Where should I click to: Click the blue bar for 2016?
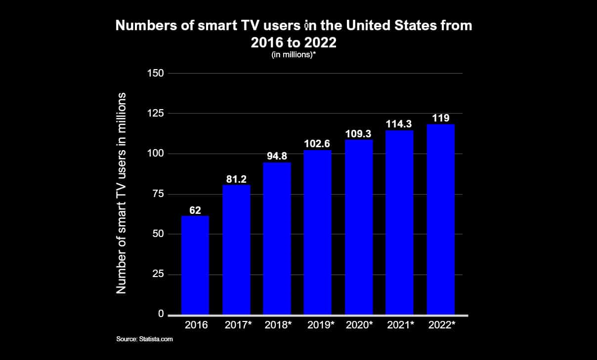coord(195,265)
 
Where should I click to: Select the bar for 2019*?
coord(318,232)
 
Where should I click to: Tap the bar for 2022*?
coord(440,219)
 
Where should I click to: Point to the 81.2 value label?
coord(236,179)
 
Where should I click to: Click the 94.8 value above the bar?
coord(277,157)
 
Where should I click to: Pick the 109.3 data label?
coord(359,134)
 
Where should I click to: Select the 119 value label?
coord(440,119)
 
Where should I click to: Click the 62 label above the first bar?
coord(195,210)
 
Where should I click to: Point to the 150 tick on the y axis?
coord(156,74)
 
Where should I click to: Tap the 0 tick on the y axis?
coord(161,314)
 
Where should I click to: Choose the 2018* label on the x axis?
coord(277,325)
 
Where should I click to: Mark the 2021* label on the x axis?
coord(400,325)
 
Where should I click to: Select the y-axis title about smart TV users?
coord(121,193)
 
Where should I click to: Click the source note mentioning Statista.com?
coord(144,339)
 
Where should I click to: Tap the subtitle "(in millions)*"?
coord(294,55)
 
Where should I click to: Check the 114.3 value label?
coord(399,124)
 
